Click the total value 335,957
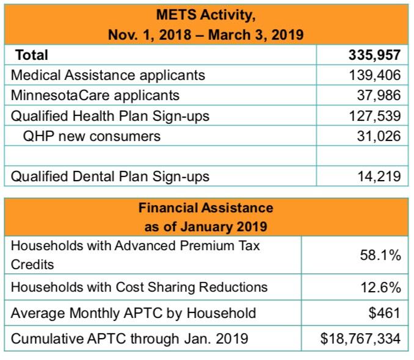[374, 55]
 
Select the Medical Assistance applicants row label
[109, 75]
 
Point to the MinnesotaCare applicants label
[96, 95]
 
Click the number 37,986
[379, 95]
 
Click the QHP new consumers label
[92, 135]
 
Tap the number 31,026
[379, 135]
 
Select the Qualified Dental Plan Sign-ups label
[111, 176]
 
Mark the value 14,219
[379, 176]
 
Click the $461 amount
[387, 313]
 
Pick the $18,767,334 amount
[360, 338]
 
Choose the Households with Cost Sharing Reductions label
[139, 286]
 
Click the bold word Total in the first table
[31, 55]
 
